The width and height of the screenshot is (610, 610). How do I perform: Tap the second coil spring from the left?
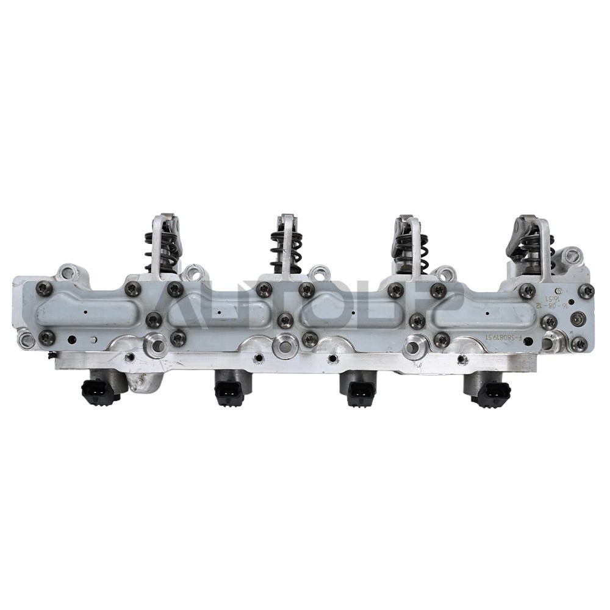tap(285, 250)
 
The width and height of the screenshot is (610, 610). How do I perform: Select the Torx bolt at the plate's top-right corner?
tap(586, 291)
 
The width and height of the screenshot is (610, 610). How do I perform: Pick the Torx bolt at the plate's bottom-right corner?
tap(580, 344)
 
